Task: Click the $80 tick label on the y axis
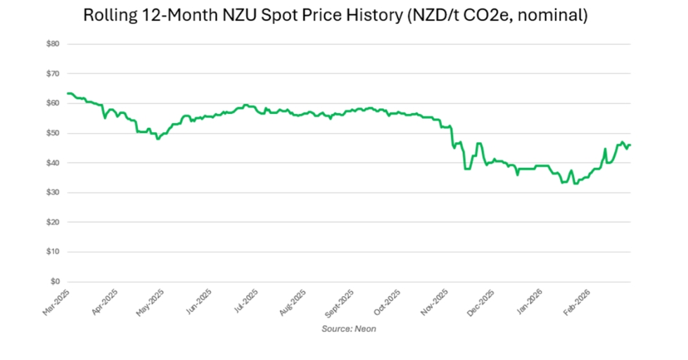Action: tap(53, 44)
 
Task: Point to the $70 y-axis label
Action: tap(53, 73)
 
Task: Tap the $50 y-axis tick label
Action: tap(53, 133)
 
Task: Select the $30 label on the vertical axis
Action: tap(53, 192)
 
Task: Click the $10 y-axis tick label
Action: tap(53, 252)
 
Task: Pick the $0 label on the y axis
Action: tap(55, 281)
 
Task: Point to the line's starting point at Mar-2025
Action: tap(68, 94)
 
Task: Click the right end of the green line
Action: tap(630, 145)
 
